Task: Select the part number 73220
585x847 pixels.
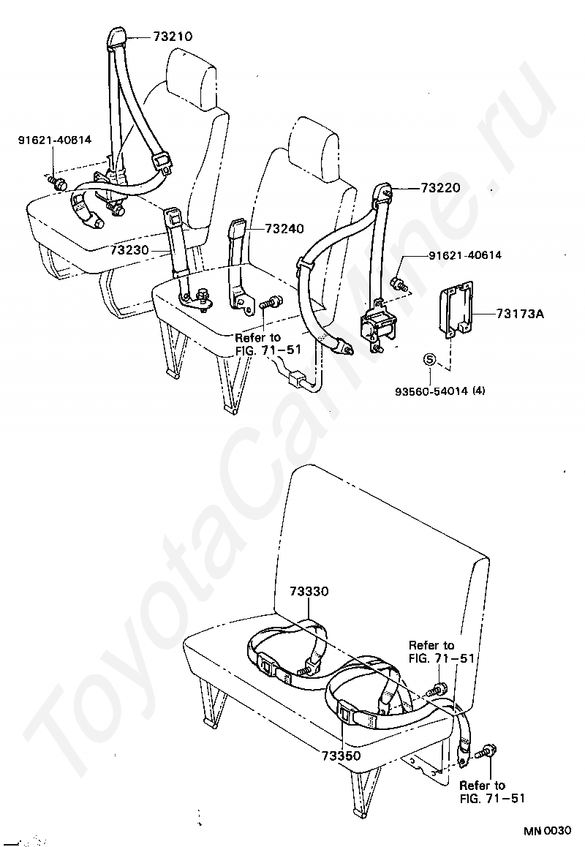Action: [440, 188]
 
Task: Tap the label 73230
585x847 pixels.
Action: [130, 250]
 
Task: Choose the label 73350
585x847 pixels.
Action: [339, 755]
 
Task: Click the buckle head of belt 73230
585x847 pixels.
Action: [173, 217]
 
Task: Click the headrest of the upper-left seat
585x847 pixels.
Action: [192, 75]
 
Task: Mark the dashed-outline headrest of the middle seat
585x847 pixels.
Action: [316, 146]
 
